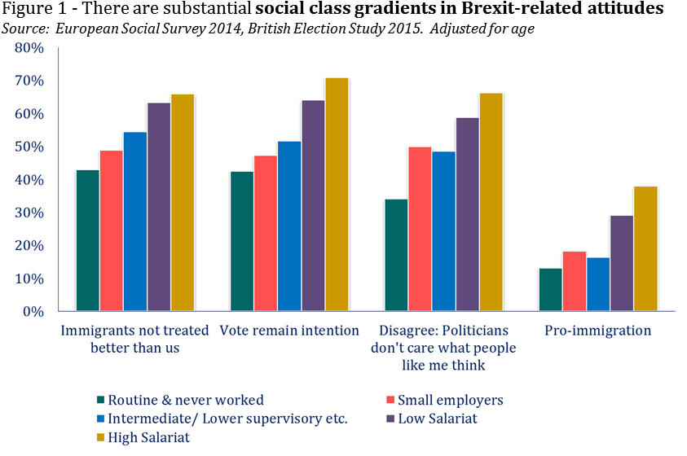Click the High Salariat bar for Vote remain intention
[x=337, y=195]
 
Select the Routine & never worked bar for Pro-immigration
[x=550, y=290]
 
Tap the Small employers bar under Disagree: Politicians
[x=420, y=229]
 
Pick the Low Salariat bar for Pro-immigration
[x=621, y=263]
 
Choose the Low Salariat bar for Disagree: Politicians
[x=467, y=214]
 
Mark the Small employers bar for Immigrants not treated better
[x=112, y=230]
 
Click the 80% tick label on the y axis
[x=29, y=48]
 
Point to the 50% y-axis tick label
[x=29, y=147]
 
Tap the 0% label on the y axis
[x=33, y=312]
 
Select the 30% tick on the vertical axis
[x=29, y=213]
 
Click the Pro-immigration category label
[x=599, y=331]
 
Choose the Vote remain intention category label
[x=289, y=331]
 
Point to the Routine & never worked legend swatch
[x=101, y=400]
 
